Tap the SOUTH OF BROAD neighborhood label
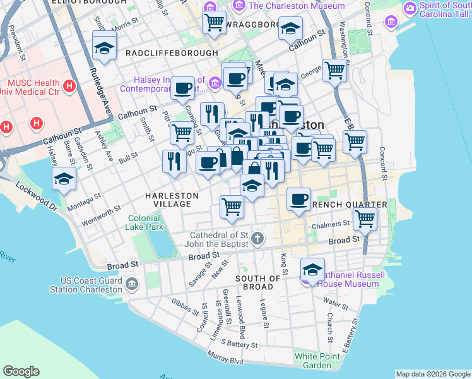coord(257,282)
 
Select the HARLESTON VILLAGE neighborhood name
coord(168,200)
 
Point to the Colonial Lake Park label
coord(146,222)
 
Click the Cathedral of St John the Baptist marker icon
coord(257,239)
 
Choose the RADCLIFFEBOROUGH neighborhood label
coord(172,54)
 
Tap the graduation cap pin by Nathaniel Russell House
coord(312,269)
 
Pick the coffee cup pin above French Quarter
coord(299,198)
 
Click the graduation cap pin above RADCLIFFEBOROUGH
coord(103,47)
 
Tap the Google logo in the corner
coord(21,371)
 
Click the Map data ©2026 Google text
coord(432,374)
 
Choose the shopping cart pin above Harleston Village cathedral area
coord(232,206)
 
